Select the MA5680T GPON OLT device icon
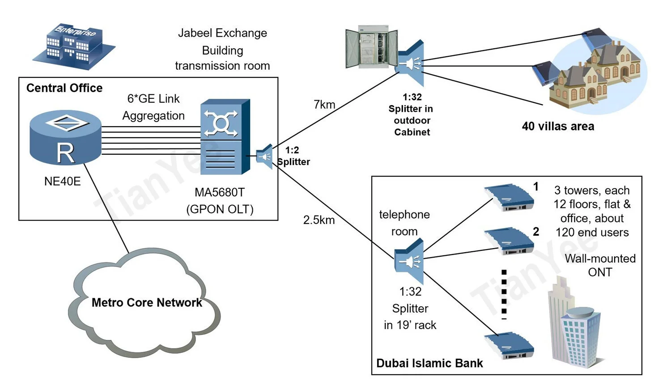pos(225,136)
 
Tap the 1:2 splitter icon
pos(265,156)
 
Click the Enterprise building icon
pos(73,47)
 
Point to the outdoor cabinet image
pos(371,47)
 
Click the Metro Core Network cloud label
pos(147,303)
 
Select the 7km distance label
pos(324,105)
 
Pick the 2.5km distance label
pos(319,220)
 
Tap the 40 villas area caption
pos(558,127)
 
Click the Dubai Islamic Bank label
pos(429,363)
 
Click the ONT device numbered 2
pos(509,241)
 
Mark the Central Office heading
pos(64,88)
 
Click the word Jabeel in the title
pos(196,33)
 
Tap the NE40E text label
pos(62,181)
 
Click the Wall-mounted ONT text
pos(600,265)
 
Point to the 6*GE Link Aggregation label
pos(153,107)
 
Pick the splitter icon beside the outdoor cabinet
pos(410,64)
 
